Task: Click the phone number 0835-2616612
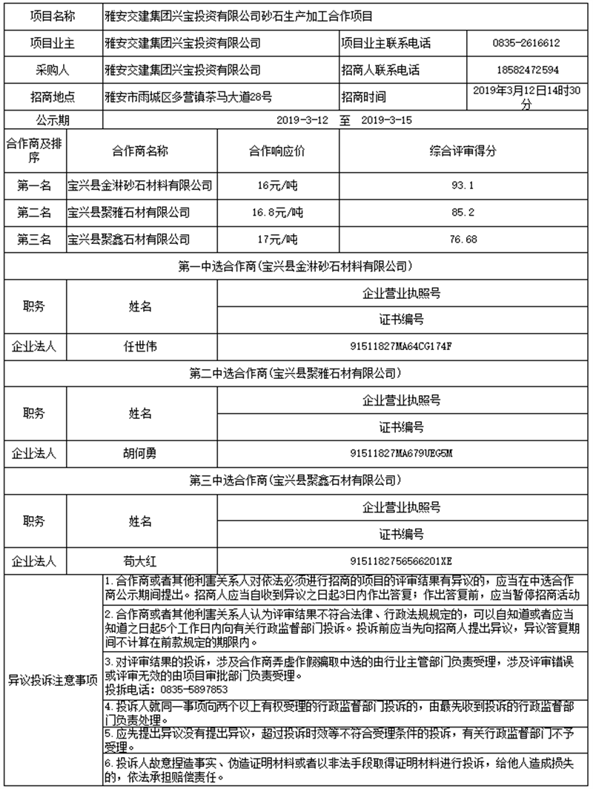[x=526, y=44]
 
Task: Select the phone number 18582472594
[x=526, y=70]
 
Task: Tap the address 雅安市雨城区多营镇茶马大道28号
[x=189, y=97]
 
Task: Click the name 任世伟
[x=141, y=346]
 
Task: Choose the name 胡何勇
[x=141, y=452]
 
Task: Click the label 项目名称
[x=52, y=16]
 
